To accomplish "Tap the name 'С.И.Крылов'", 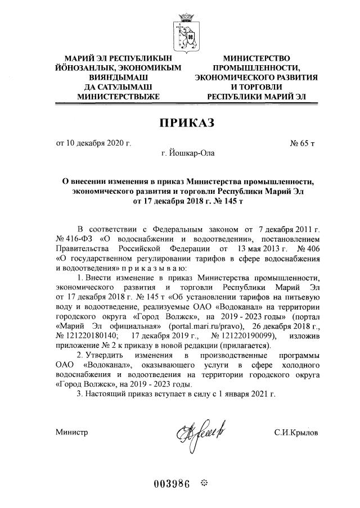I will point(296,433).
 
